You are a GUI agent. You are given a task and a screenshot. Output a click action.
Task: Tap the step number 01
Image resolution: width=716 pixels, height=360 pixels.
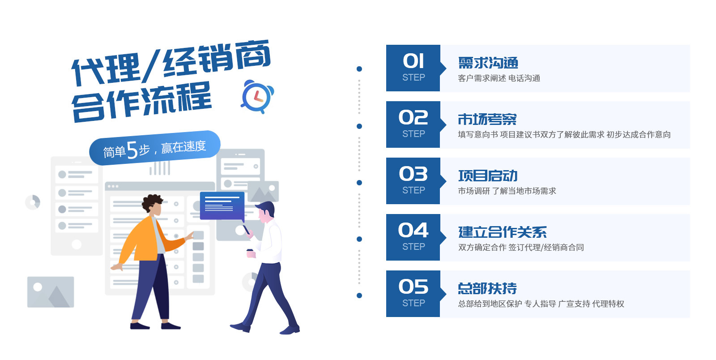click(x=413, y=61)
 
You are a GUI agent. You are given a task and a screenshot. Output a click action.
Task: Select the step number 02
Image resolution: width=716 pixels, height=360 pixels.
click(x=413, y=117)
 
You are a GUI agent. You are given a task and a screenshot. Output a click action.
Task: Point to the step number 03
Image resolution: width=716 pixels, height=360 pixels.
click(x=413, y=174)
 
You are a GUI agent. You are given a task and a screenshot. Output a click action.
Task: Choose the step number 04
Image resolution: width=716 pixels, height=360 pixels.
click(x=413, y=230)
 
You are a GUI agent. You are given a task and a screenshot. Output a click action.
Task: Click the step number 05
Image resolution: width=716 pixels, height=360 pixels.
click(x=413, y=287)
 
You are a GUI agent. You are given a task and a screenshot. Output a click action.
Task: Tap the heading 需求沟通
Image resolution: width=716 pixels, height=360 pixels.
click(x=488, y=63)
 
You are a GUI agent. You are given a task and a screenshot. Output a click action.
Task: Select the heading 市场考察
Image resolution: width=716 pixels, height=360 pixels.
click(x=487, y=119)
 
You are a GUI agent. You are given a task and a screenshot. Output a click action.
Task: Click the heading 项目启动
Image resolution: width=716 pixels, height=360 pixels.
click(x=488, y=176)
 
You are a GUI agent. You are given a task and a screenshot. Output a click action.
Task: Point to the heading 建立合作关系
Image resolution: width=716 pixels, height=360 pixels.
click(x=503, y=232)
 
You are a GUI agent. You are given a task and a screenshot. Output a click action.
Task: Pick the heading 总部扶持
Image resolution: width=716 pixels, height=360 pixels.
click(x=487, y=289)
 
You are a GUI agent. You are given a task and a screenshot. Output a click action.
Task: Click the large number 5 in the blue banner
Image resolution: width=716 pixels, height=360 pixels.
click(x=132, y=150)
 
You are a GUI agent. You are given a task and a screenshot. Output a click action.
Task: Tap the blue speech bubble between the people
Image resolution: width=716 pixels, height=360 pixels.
click(x=222, y=206)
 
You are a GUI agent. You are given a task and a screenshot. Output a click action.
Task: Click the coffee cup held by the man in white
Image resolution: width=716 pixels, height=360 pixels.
click(x=250, y=253)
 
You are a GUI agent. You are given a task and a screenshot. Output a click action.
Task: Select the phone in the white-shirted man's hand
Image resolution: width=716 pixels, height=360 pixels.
click(x=246, y=230)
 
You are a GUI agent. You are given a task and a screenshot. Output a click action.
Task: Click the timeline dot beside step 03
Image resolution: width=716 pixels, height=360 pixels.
click(x=359, y=183)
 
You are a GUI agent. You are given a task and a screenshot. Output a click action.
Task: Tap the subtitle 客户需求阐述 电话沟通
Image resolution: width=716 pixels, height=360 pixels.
click(x=499, y=78)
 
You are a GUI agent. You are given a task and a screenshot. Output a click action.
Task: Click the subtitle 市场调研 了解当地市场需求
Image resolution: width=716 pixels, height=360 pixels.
click(x=507, y=191)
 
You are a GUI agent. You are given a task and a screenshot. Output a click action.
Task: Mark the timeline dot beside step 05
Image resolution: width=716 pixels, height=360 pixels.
click(x=359, y=296)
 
